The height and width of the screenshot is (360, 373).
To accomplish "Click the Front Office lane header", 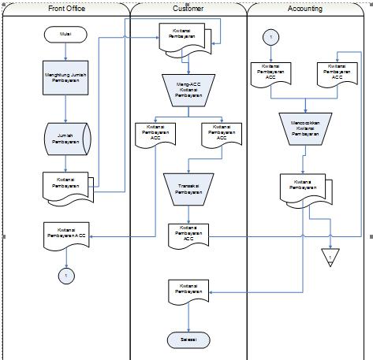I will (66, 9).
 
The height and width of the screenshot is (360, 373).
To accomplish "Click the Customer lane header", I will (188, 9).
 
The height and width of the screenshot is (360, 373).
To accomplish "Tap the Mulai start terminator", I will (66, 35).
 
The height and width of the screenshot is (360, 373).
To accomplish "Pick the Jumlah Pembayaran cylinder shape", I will (66, 139).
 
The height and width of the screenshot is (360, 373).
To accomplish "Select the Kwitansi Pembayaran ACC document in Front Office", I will (66, 234).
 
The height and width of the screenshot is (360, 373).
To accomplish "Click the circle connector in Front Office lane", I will (66, 275).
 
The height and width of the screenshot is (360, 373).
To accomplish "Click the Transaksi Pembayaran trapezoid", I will (188, 187).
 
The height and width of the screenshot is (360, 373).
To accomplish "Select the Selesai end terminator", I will (188, 339).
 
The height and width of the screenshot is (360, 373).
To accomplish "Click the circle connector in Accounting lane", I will (270, 37).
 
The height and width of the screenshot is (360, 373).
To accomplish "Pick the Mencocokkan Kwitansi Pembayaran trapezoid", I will (304, 128).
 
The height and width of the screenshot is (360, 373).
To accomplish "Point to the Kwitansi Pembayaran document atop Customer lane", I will (186, 37).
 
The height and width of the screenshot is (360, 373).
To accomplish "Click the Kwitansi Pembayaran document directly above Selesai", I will (188, 291).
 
